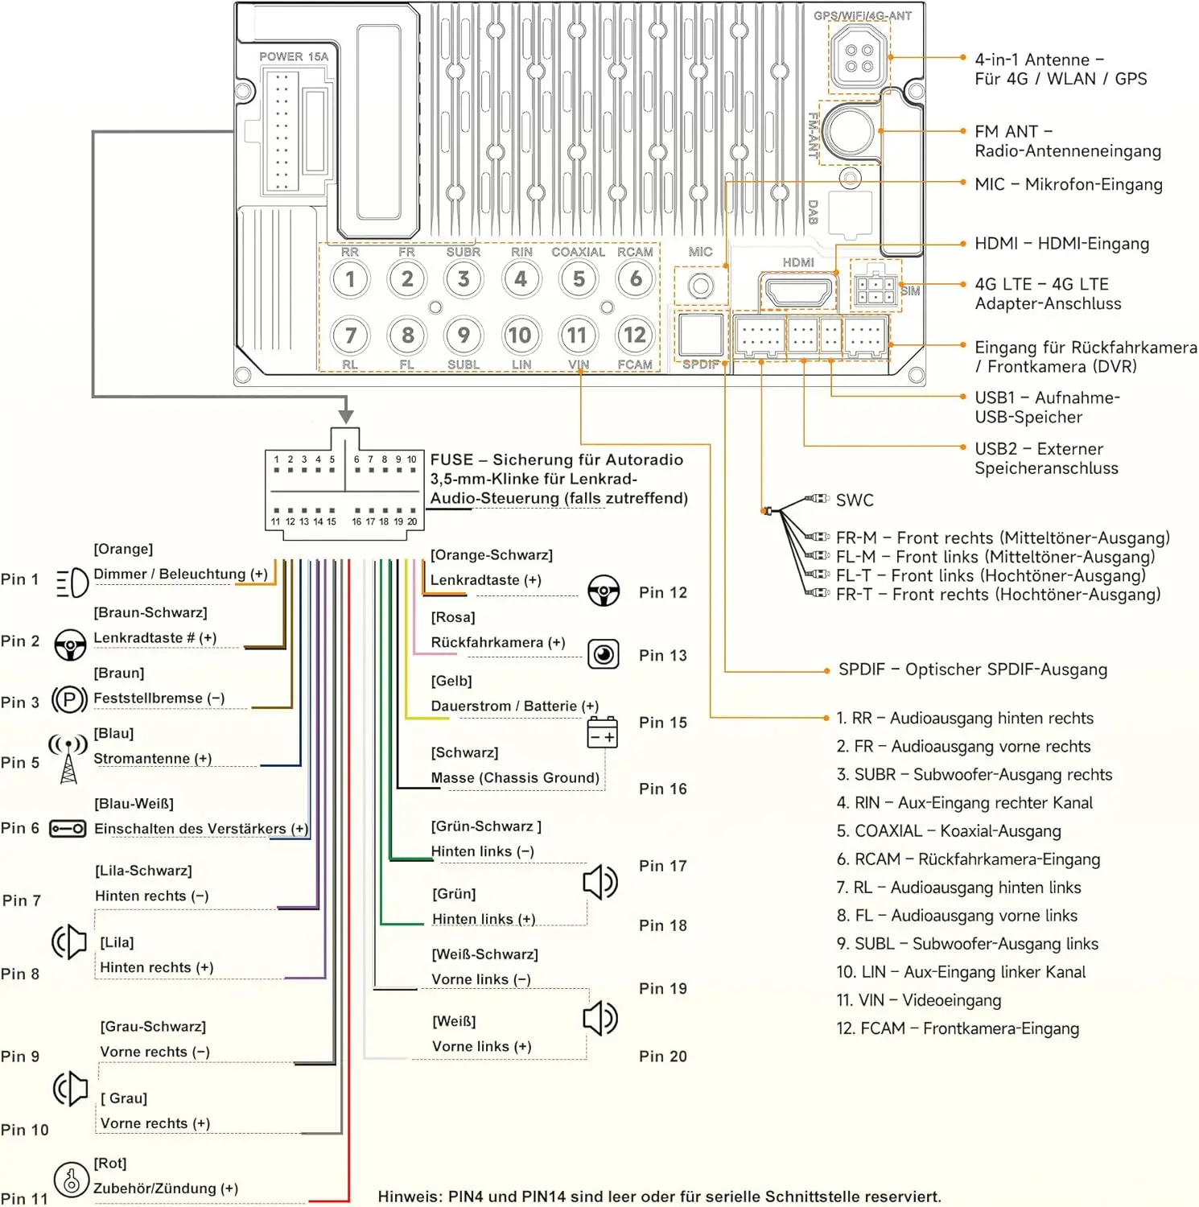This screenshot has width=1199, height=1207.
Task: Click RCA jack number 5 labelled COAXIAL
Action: (579, 279)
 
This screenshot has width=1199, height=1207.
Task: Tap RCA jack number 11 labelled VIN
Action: (577, 335)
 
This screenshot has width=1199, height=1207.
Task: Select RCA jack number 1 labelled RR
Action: (350, 279)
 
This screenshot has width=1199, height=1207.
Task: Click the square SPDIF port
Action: (701, 334)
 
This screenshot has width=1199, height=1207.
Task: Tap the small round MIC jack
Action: (701, 286)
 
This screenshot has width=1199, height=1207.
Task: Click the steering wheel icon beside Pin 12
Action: (604, 591)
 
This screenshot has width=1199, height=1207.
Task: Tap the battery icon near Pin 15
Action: (603, 733)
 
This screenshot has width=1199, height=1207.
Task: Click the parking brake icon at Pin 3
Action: (69, 699)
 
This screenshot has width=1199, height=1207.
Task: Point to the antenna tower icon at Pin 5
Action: (68, 758)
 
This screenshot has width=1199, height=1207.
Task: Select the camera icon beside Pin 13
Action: (604, 654)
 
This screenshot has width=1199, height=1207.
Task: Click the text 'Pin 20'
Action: (663, 1057)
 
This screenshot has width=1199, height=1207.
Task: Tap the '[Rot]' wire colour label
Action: (110, 1164)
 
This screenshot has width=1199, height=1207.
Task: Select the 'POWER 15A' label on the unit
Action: (294, 57)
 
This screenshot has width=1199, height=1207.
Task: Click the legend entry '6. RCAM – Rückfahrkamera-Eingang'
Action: (968, 859)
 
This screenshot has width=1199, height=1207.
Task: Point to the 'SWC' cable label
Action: (855, 501)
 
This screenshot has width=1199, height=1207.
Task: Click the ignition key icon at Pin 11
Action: (71, 1180)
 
